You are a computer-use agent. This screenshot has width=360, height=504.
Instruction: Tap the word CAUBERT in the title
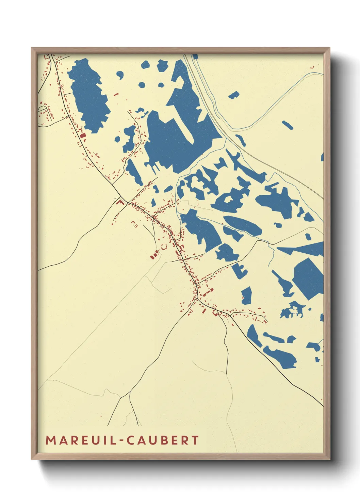point(163,440)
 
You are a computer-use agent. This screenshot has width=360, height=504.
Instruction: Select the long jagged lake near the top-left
point(89,95)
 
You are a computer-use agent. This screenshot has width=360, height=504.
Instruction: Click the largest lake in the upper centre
point(170,136)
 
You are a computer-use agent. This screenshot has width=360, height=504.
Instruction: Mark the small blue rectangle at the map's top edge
point(195,57)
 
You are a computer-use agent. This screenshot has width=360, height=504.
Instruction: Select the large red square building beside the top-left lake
point(83,136)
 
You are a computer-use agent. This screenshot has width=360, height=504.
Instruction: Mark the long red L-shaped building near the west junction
point(120,203)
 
